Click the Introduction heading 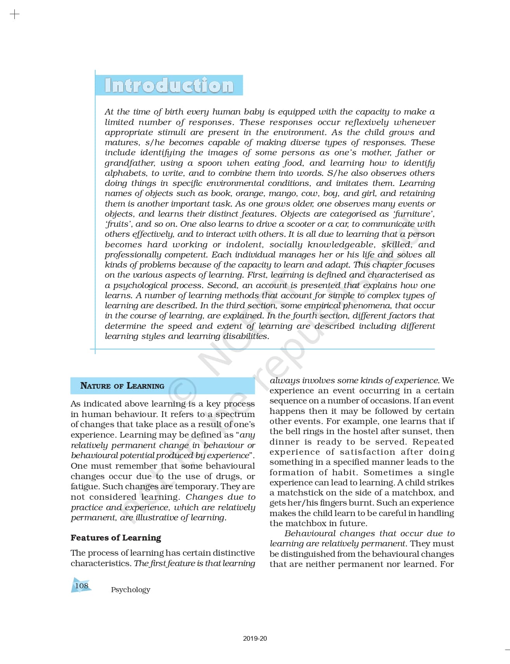169,85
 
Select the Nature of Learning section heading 122,386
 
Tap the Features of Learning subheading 116,538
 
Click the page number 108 82,586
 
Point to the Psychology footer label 131,589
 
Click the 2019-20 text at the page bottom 255,638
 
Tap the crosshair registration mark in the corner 14,15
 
